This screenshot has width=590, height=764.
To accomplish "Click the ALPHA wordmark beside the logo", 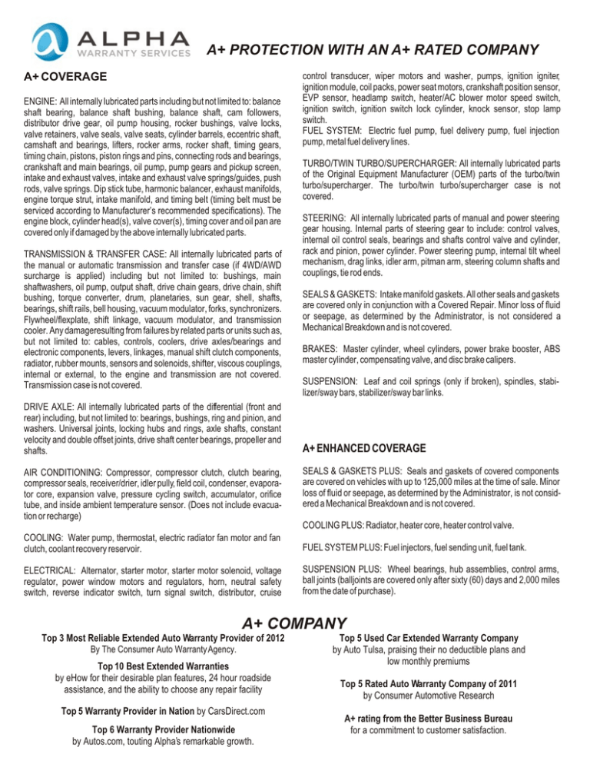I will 132,38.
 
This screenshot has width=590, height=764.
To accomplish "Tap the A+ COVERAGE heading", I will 61,78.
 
